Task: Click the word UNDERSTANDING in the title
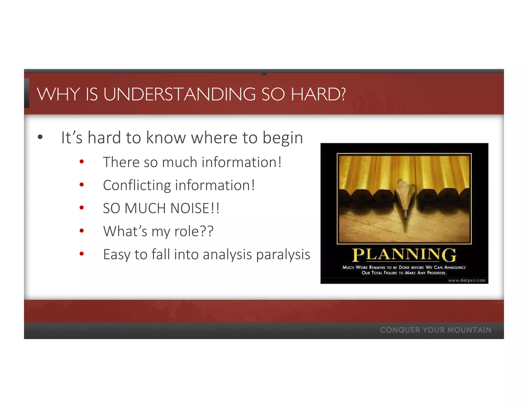(179, 94)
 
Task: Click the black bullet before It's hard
(40, 137)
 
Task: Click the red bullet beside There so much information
(82, 162)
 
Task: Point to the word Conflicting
(137, 185)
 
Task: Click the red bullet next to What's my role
(82, 231)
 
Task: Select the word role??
(194, 231)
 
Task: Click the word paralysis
(283, 255)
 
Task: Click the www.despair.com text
(466, 280)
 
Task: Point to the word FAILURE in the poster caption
(390, 273)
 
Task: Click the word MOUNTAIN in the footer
(469, 330)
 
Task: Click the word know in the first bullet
(166, 138)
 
